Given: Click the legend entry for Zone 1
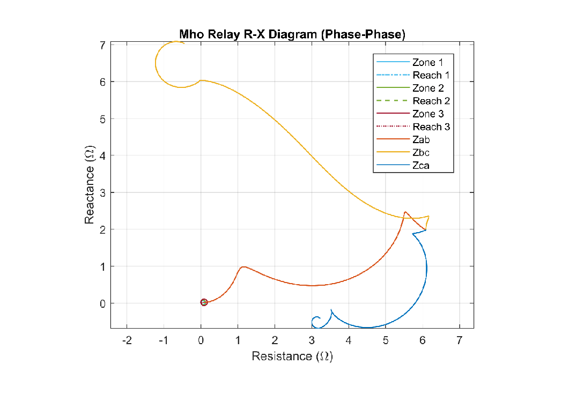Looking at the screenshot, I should (428, 62).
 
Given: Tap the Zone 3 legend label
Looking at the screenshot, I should (428, 114).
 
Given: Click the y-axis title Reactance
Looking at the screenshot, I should (90, 185).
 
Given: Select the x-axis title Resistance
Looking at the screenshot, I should (292, 357).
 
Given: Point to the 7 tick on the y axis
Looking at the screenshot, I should (102, 45).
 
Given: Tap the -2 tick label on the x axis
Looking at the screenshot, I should (127, 340).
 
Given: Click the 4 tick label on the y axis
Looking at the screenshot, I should (102, 155).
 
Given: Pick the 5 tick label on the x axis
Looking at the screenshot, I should (386, 340).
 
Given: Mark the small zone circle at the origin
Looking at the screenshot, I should (204, 302).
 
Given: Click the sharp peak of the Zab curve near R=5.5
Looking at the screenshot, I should (405, 212).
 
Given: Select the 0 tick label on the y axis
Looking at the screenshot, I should (102, 303).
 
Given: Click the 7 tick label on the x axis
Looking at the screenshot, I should (459, 340).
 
